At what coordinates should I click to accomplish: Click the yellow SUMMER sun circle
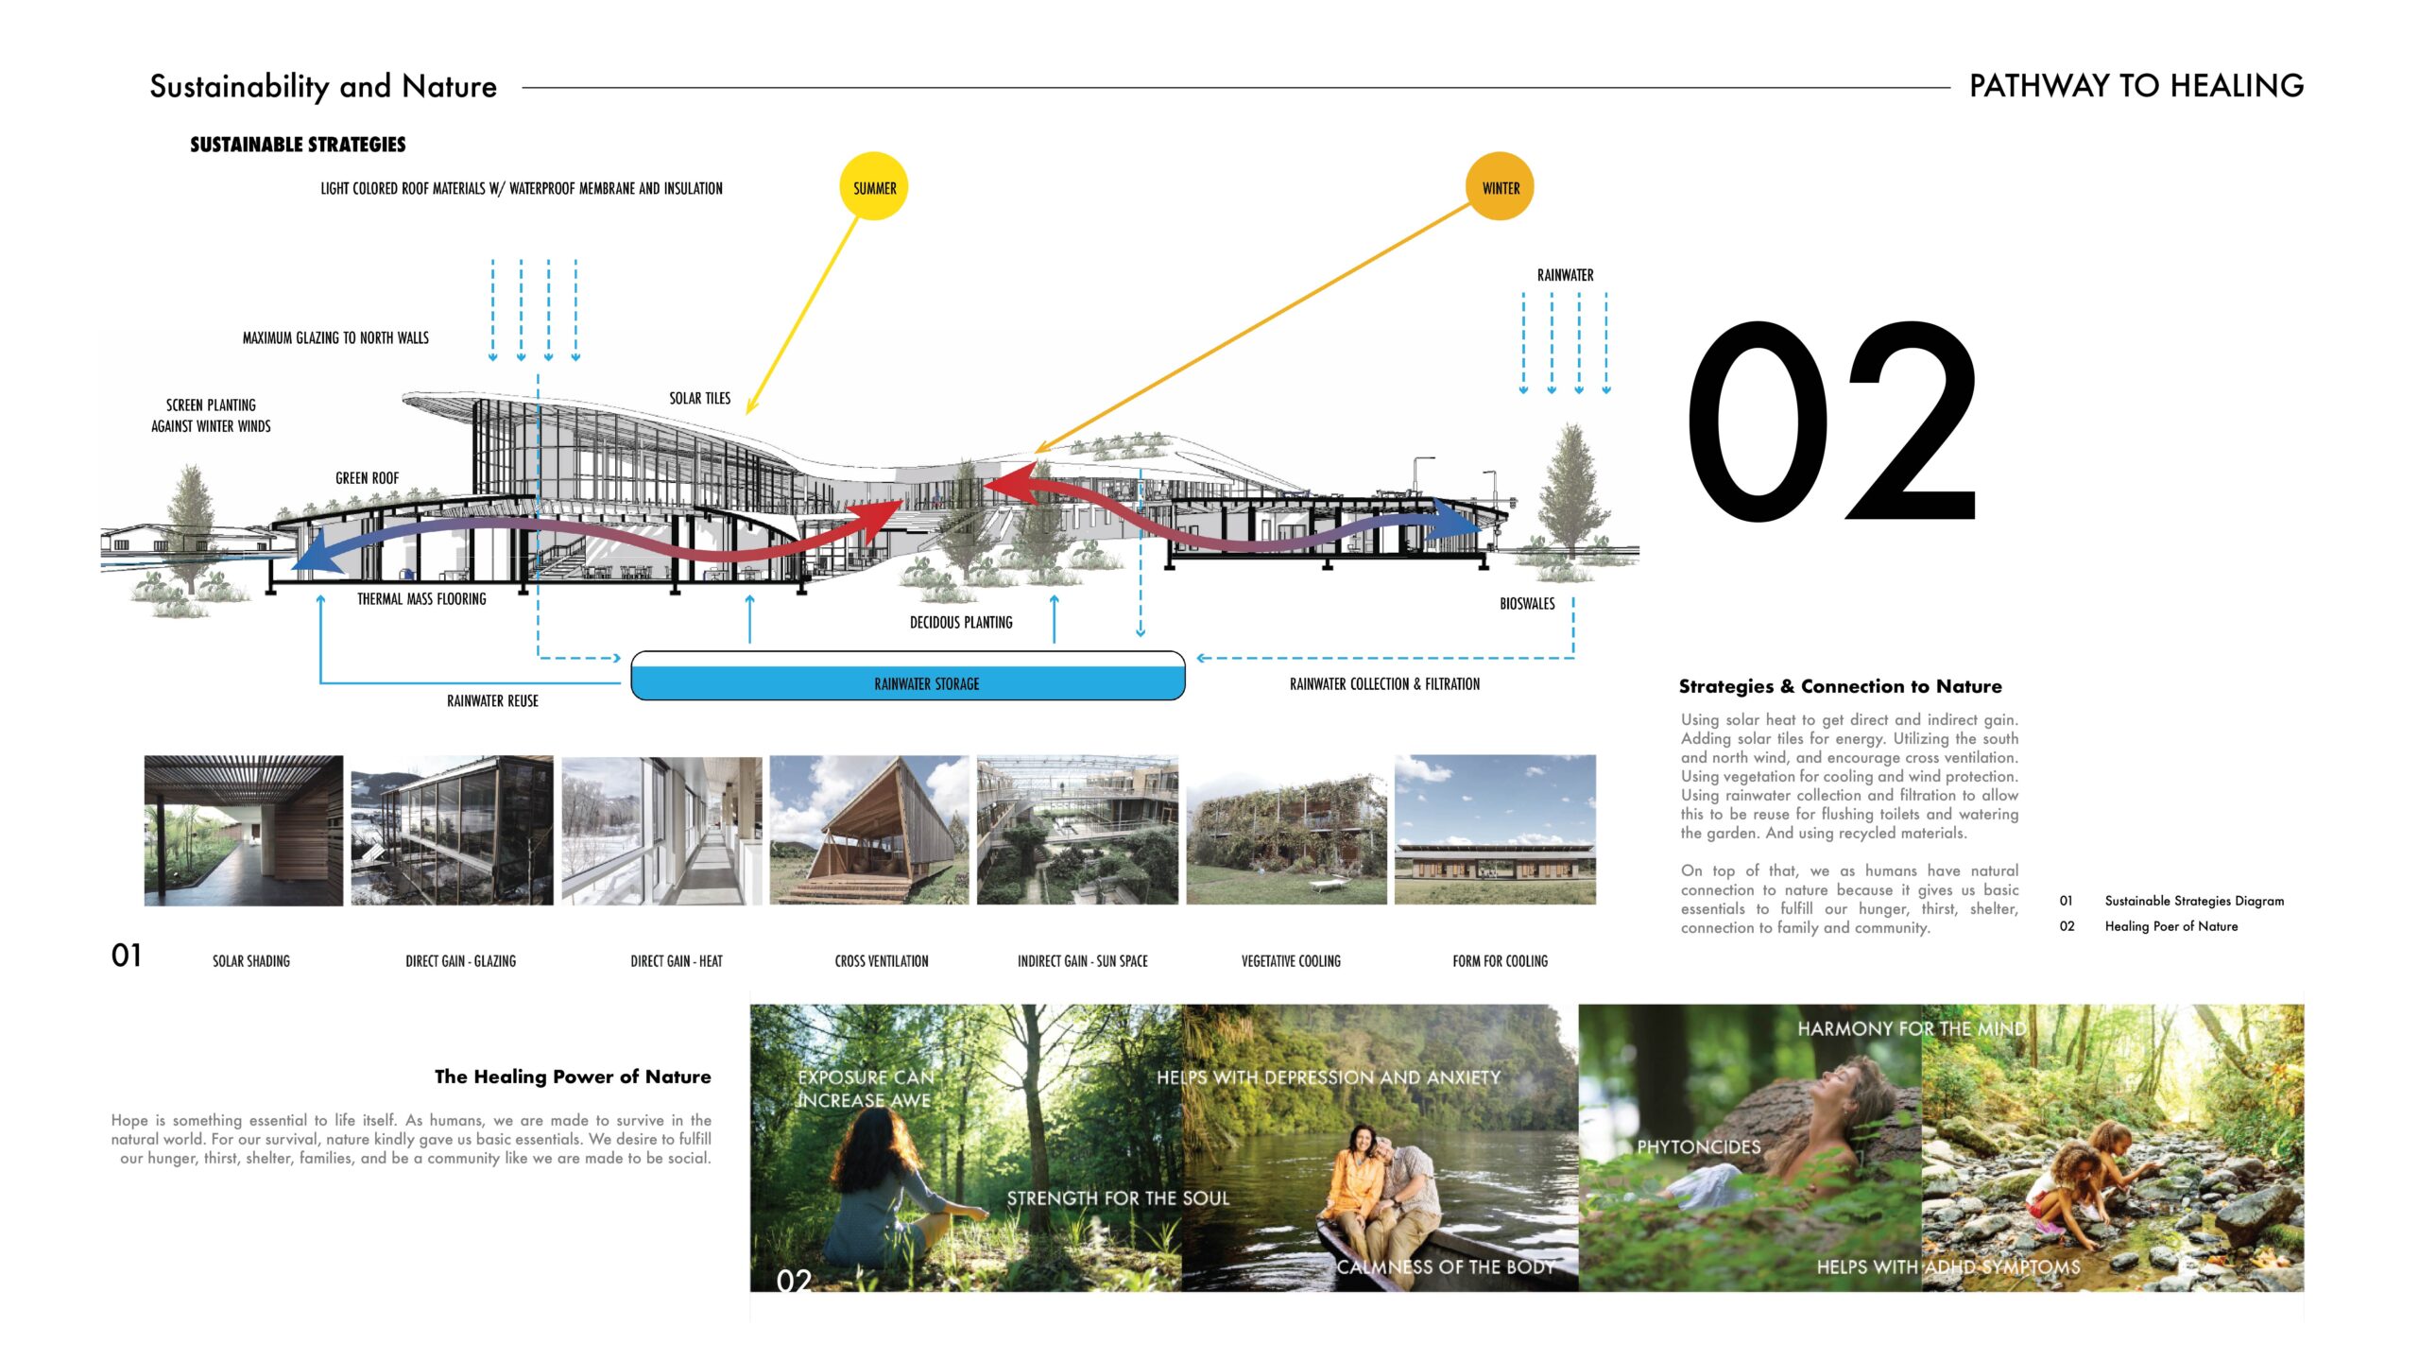pyautogui.click(x=874, y=186)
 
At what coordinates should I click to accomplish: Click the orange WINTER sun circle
pyautogui.click(x=1500, y=186)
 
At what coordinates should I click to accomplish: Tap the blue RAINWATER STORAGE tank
pyautogui.click(x=907, y=676)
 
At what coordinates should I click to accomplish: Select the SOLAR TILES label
pyautogui.click(x=699, y=399)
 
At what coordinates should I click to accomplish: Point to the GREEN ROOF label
pyautogui.click(x=367, y=478)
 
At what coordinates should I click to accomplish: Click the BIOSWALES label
pyautogui.click(x=1527, y=604)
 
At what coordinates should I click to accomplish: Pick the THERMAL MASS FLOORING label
pyautogui.click(x=421, y=599)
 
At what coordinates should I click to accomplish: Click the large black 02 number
pyautogui.click(x=1831, y=422)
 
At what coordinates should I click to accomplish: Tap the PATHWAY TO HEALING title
pyautogui.click(x=2136, y=86)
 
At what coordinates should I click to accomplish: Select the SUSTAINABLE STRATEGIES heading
pyautogui.click(x=298, y=145)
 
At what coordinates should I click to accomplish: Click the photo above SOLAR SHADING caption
pyautogui.click(x=244, y=831)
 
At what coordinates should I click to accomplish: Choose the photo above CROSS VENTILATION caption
pyautogui.click(x=869, y=830)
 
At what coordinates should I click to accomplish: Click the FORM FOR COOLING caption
pyautogui.click(x=1500, y=961)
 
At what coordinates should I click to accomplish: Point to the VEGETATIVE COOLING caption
pyautogui.click(x=1291, y=961)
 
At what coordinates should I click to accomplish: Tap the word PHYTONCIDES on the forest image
pyautogui.click(x=1699, y=1147)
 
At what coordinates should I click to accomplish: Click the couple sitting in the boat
pyautogui.click(x=1380, y=1186)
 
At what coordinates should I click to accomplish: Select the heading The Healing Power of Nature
pyautogui.click(x=573, y=1077)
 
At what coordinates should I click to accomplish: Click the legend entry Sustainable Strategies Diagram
pyautogui.click(x=2194, y=901)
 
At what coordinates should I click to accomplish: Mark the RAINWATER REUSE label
pyautogui.click(x=492, y=701)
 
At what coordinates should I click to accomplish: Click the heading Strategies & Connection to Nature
pyautogui.click(x=1841, y=686)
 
